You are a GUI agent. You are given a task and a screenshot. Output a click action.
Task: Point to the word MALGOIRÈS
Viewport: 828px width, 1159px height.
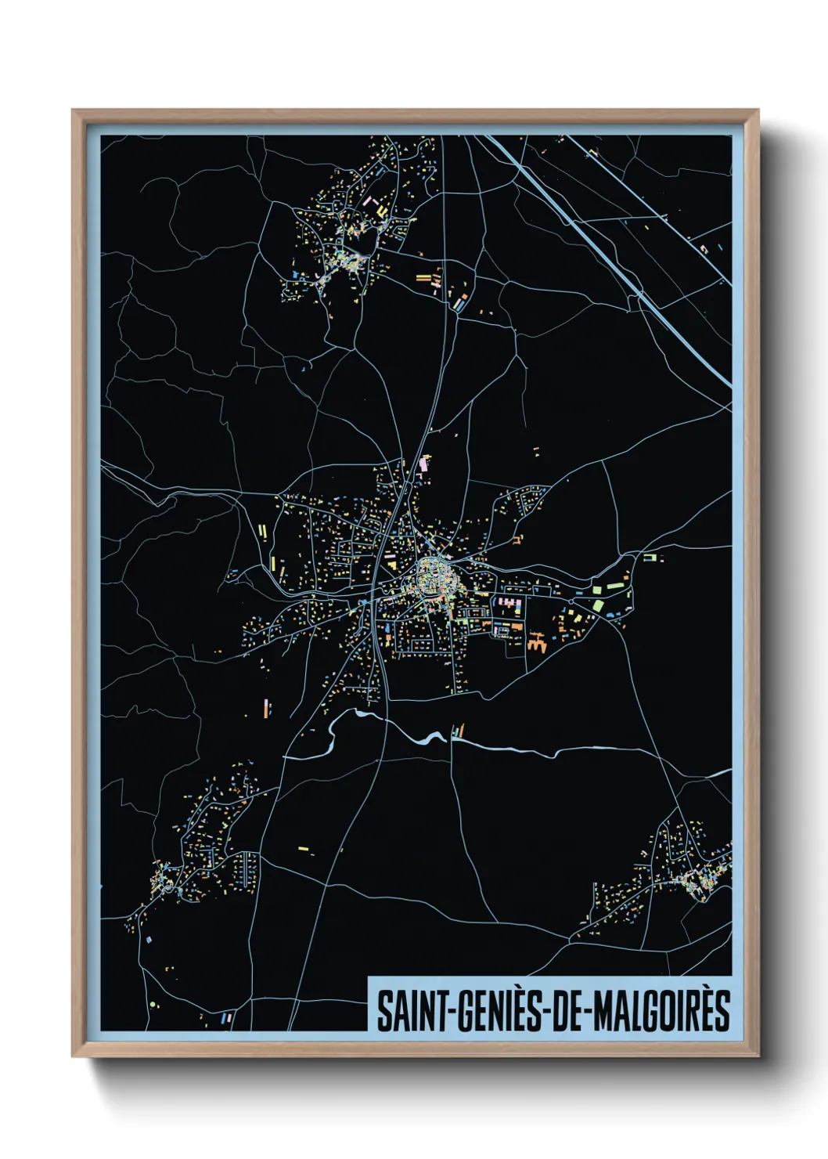(x=662, y=1011)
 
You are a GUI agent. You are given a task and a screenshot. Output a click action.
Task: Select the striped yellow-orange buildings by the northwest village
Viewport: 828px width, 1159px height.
(x=429, y=278)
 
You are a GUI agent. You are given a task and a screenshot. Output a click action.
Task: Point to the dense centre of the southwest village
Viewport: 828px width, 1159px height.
(x=166, y=877)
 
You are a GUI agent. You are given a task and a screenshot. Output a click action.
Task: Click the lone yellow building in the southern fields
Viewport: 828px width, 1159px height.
(x=303, y=847)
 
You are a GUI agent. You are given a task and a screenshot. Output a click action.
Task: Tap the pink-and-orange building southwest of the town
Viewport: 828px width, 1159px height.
(x=265, y=709)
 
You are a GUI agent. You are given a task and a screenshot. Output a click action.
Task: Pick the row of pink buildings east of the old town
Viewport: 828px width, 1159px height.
(x=507, y=603)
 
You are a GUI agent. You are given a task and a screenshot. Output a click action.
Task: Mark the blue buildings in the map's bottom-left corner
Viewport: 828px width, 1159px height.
(x=228, y=1018)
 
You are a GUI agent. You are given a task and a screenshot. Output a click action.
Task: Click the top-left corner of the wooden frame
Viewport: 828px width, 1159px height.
(x=73, y=111)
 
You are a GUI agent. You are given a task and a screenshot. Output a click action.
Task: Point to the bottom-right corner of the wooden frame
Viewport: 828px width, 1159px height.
(x=758, y=1056)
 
